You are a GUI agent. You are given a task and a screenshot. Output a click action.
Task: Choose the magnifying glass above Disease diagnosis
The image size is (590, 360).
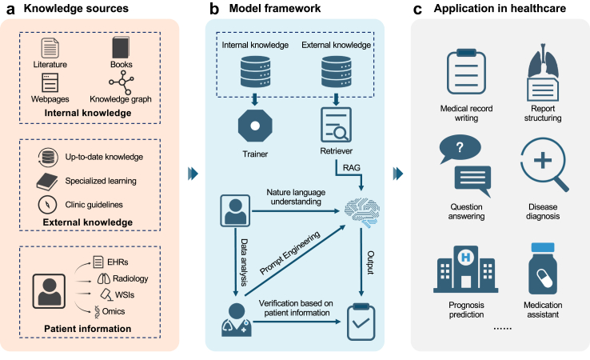[x=546, y=165]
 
